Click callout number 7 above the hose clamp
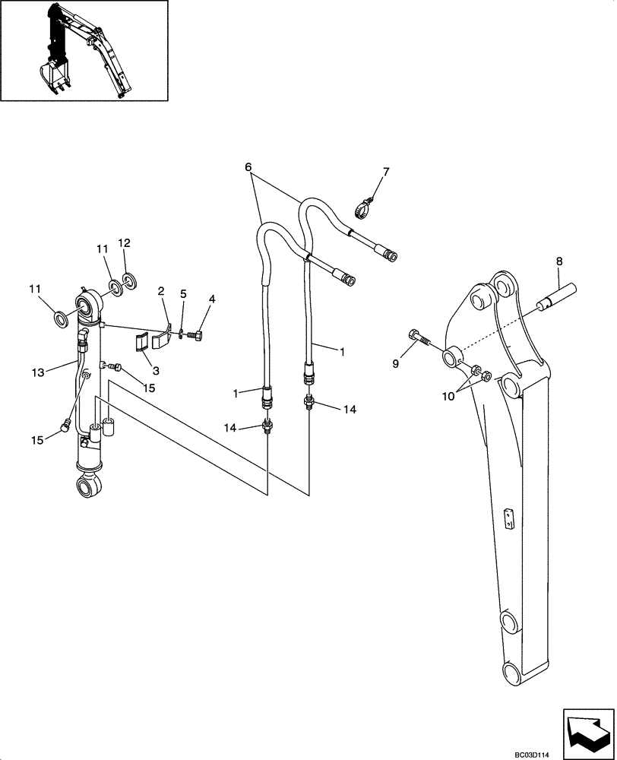[x=385, y=173]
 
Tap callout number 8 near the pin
[x=560, y=261]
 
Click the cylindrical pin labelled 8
[x=559, y=295]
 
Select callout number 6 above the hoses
[x=248, y=166]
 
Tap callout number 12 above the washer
[x=125, y=243]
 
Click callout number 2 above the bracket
[x=161, y=291]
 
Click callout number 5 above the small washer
[x=182, y=294]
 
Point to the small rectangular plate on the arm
[x=508, y=519]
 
